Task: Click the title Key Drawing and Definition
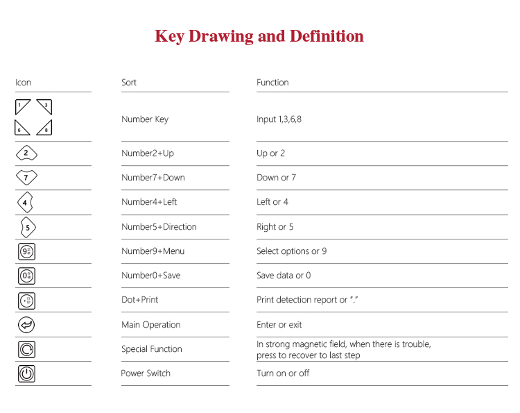point(259,36)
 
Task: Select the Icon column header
point(24,83)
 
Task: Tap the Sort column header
point(129,83)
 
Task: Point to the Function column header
point(272,83)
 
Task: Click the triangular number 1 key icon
point(22,107)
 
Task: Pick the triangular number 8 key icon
point(45,128)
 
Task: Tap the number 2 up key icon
point(26,153)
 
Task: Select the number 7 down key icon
point(26,178)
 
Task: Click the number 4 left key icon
point(26,203)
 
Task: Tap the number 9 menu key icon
point(26,251)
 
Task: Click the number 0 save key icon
point(26,276)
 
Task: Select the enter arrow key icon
point(26,325)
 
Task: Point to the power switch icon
point(26,373)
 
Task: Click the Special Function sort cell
point(152,349)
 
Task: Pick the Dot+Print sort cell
point(141,300)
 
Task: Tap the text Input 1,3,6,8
point(279,119)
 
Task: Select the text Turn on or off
point(283,373)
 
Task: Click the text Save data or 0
point(284,276)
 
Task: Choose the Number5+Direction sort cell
point(159,227)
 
